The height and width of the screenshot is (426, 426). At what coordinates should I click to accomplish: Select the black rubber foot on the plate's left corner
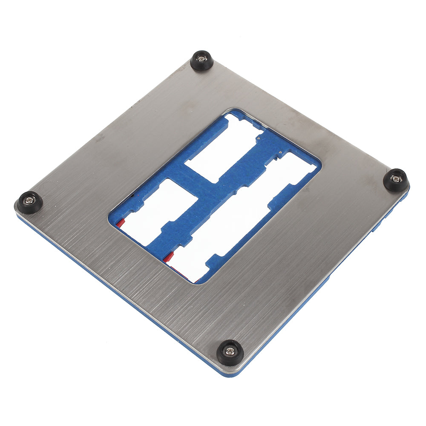tap(29, 202)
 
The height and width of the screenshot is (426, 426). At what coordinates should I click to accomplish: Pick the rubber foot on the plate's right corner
tap(396, 180)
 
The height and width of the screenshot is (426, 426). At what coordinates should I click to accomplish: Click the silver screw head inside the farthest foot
tap(201, 59)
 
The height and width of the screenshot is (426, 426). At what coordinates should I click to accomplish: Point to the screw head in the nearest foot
tap(230, 351)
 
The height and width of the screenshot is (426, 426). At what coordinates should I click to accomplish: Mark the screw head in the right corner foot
tap(396, 178)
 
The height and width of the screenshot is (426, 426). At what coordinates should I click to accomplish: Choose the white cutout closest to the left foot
tap(158, 209)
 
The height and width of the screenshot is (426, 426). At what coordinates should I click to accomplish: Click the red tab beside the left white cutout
tap(121, 223)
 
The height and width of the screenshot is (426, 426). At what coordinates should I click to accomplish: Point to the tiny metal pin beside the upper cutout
tap(259, 139)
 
